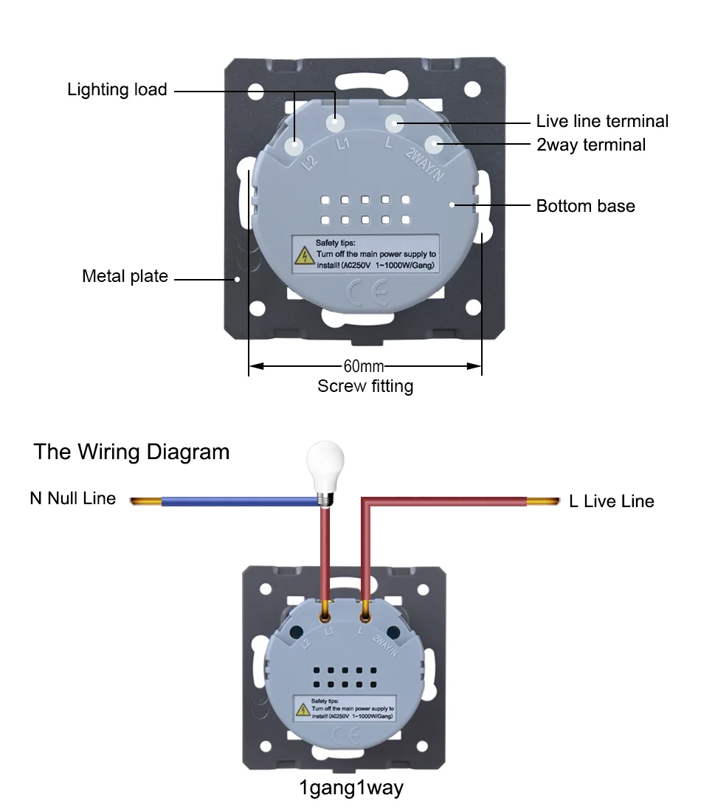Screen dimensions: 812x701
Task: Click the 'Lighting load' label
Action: pyautogui.click(x=117, y=90)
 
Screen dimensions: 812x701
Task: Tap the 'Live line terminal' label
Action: pyautogui.click(x=602, y=121)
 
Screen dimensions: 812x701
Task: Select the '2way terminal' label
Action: pyautogui.click(x=590, y=145)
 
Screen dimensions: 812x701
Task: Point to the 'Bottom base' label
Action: pyautogui.click(x=585, y=206)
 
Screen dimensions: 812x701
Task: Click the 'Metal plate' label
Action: pyautogui.click(x=125, y=277)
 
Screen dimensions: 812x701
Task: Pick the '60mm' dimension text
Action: pyautogui.click(x=364, y=365)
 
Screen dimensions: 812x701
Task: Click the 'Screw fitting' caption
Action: pyautogui.click(x=365, y=385)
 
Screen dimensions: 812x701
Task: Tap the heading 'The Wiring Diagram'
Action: pyautogui.click(x=131, y=452)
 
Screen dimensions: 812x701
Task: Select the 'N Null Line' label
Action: pyautogui.click(x=72, y=498)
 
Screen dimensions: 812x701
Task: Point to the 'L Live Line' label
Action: pyautogui.click(x=611, y=501)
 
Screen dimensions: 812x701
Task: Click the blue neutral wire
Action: pyautogui.click(x=236, y=501)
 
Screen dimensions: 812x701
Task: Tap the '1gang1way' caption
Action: pyautogui.click(x=351, y=788)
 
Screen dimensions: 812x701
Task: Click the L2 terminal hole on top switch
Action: pyautogui.click(x=295, y=145)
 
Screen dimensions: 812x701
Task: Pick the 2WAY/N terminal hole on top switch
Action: pyautogui.click(x=433, y=145)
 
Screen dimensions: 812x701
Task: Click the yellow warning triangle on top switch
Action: pyautogui.click(x=303, y=256)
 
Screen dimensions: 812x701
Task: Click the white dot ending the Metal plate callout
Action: pyautogui.click(x=238, y=280)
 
